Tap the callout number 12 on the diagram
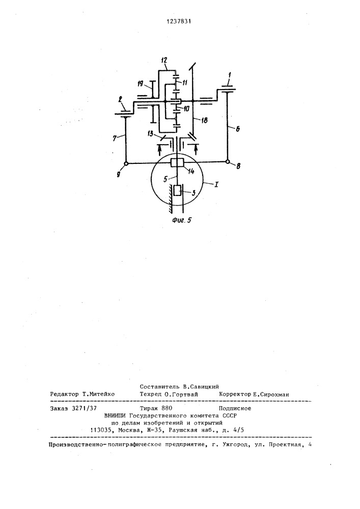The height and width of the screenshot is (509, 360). [x=164, y=60]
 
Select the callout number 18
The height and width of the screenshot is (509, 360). [x=205, y=121]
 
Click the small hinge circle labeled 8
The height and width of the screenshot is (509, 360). [x=228, y=162]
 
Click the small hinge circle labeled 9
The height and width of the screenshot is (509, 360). [x=126, y=163]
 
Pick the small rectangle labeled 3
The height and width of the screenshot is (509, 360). [x=177, y=190]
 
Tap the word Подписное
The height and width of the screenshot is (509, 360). [x=235, y=408]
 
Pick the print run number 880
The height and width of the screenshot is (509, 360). [x=167, y=408]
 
